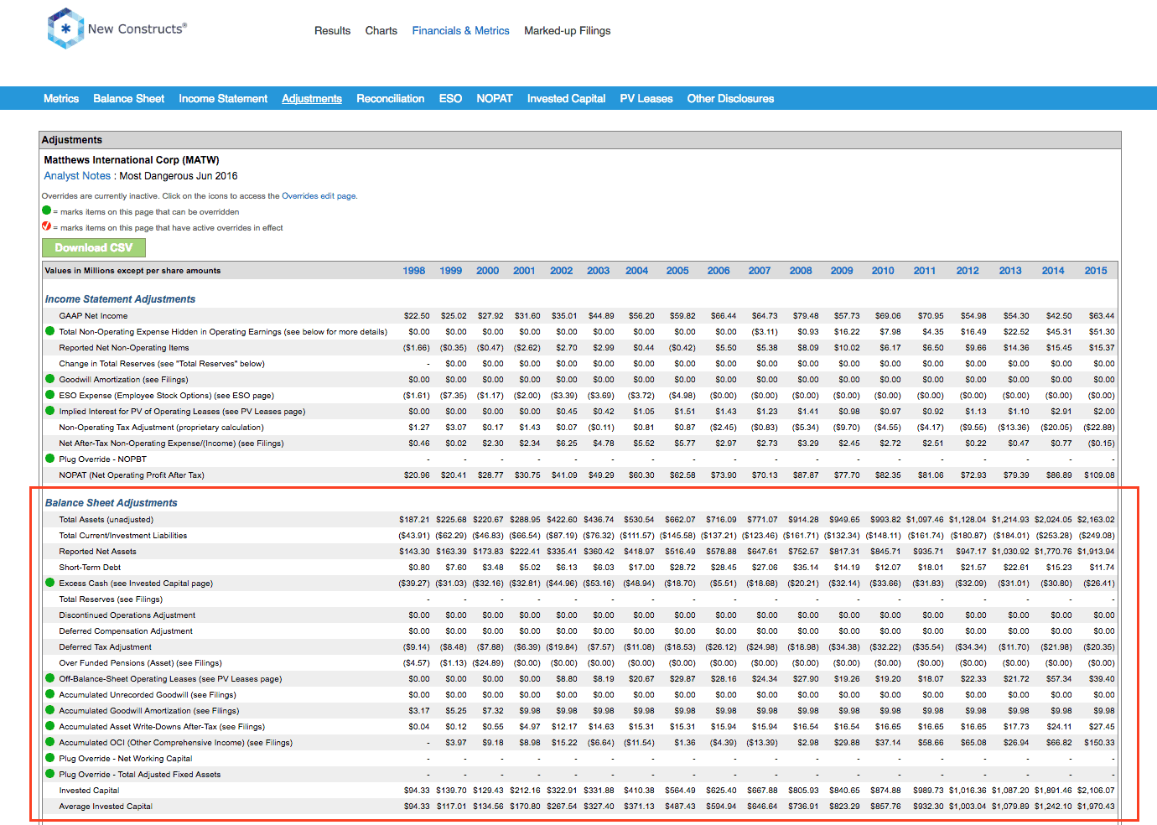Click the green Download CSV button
point(94,247)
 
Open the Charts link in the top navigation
point(381,30)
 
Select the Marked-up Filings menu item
point(567,30)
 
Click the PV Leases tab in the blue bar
point(646,99)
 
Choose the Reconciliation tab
point(391,99)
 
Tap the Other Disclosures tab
point(730,99)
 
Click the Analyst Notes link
point(77,175)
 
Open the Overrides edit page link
point(319,196)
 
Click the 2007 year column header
point(760,271)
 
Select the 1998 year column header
point(413,271)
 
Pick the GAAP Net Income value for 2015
point(1102,315)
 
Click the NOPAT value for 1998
point(417,475)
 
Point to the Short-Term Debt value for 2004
point(641,568)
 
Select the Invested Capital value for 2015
point(1096,791)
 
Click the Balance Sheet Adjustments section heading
point(111,503)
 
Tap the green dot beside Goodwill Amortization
point(50,379)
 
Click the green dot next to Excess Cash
point(50,582)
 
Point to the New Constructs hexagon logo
point(65,29)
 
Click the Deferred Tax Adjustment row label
point(106,646)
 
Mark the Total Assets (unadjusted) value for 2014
point(1053,519)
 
